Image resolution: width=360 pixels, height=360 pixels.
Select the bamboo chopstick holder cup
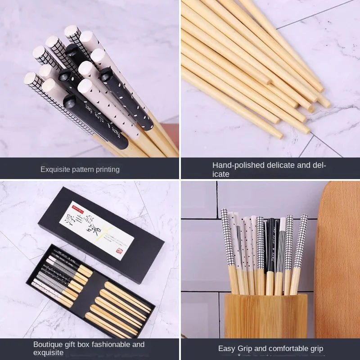265,315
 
